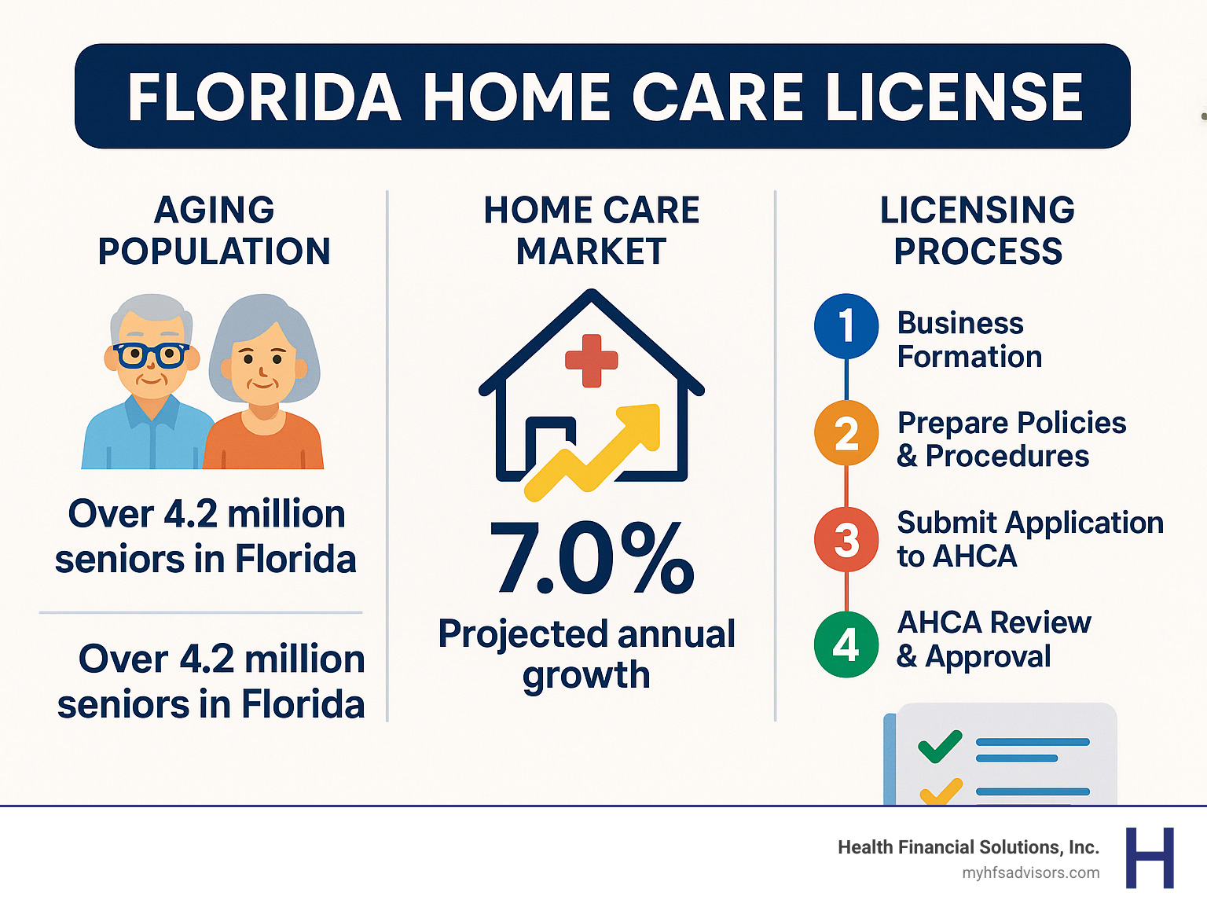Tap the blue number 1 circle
pos(846,325)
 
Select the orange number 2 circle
pos(846,433)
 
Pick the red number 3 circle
pos(846,540)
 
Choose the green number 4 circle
pos(846,645)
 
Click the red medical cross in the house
pos(592,361)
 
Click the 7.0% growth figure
pos(592,559)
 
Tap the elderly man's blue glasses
pos(150,355)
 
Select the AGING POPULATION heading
pos(214,231)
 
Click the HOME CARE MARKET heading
pos(592,231)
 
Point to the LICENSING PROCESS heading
pos(978,231)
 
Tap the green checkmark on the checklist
pos(940,746)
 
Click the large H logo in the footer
pos(1150,857)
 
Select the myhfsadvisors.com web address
pos(1030,873)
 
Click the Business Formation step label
pos(969,340)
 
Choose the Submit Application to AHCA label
pos(1029,539)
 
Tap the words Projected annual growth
pos(587,654)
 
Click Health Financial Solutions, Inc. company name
pos(968,847)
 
